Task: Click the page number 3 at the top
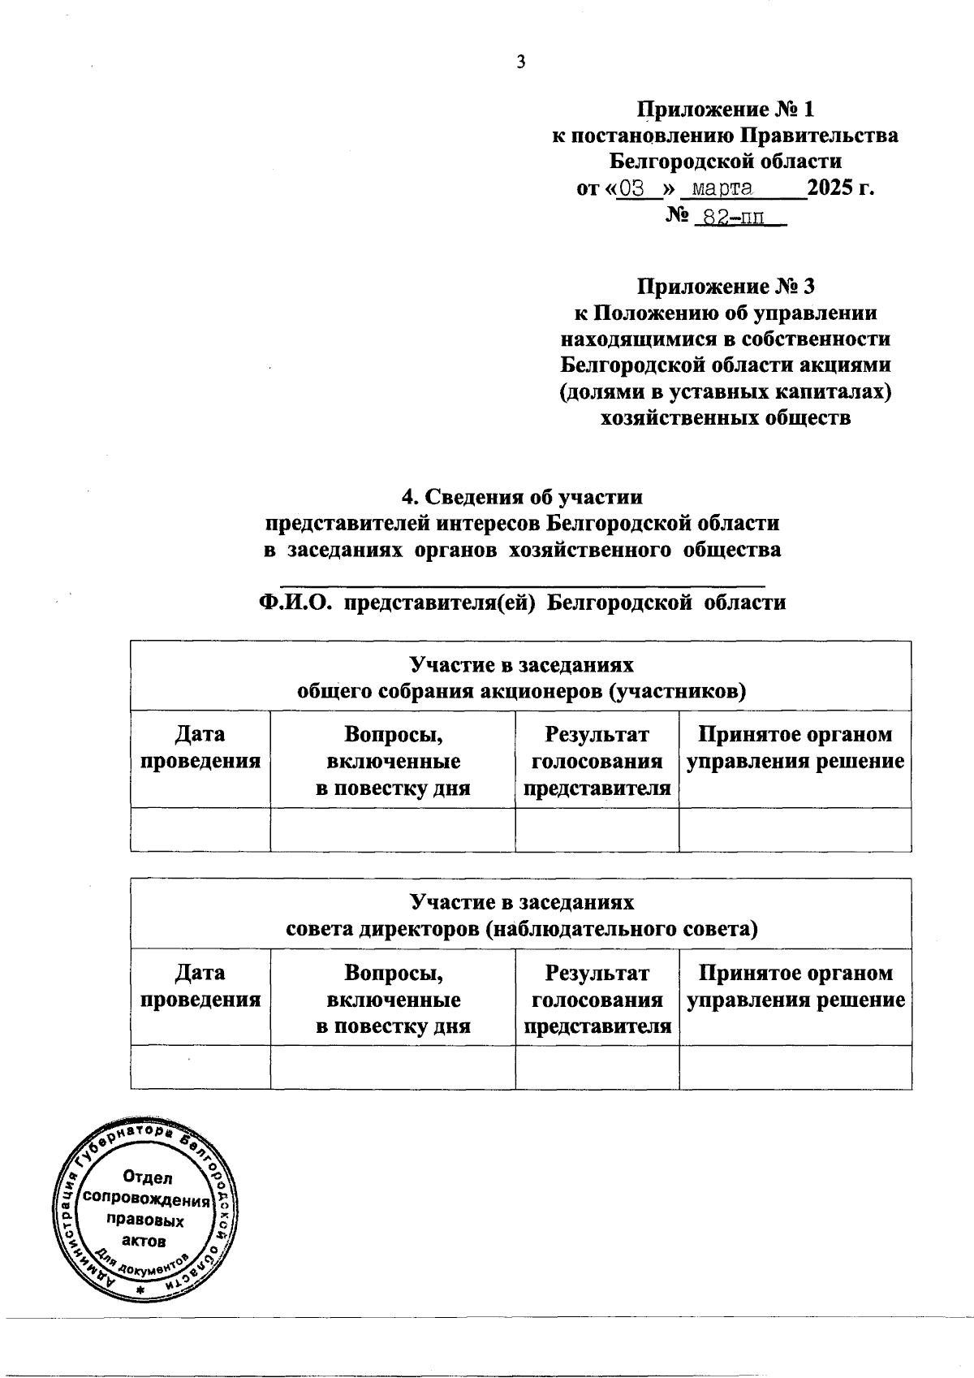pyautogui.click(x=521, y=63)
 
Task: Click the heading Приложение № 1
pyautogui.click(x=725, y=109)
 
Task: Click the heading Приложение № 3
pyautogui.click(x=725, y=287)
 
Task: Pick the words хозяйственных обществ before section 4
pyautogui.click(x=725, y=418)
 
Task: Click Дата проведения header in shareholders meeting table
pyautogui.click(x=200, y=748)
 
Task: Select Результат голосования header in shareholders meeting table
pyautogui.click(x=597, y=761)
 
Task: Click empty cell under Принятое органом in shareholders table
pyautogui.click(x=795, y=830)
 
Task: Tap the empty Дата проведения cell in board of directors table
pyautogui.click(x=200, y=1067)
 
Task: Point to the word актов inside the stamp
pyautogui.click(x=144, y=1241)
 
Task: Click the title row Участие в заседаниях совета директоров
pyautogui.click(x=521, y=915)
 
